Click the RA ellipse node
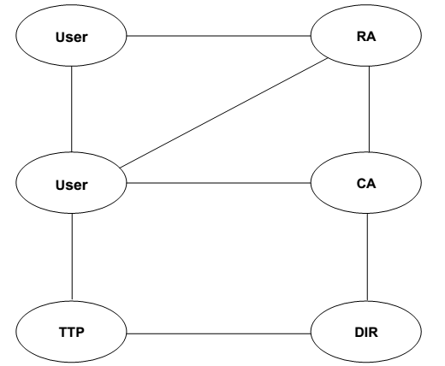366,36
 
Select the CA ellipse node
366,183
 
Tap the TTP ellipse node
71,332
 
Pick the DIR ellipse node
366,332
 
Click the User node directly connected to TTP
71,183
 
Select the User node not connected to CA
71,36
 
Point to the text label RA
366,37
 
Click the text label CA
366,184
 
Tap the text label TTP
72,333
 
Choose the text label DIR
366,333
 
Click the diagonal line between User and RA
224,113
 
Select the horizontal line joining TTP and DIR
218,334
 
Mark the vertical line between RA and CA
370,109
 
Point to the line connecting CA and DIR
367,257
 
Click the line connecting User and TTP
72,257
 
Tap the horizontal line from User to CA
218,183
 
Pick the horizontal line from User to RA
218,36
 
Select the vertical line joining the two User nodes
72,109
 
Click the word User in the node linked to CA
72,185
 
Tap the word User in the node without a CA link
72,38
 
